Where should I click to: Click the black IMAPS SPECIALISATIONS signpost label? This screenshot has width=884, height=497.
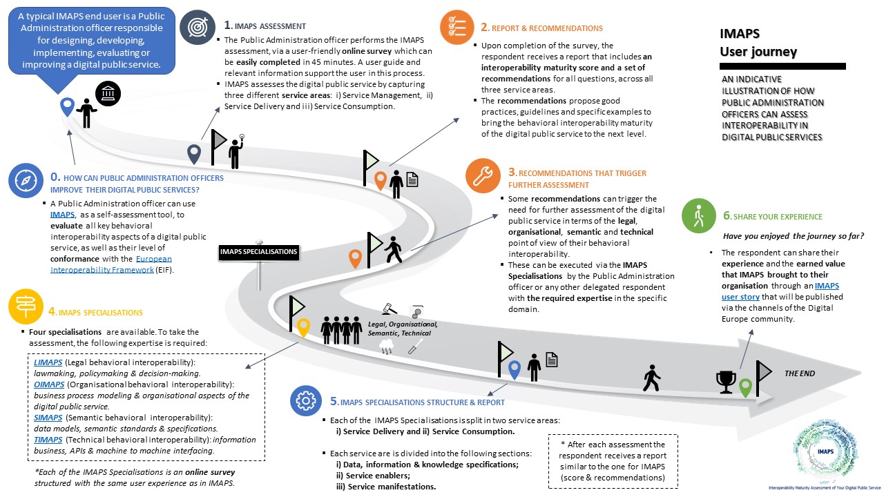259,252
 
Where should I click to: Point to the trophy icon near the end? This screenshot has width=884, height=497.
726,382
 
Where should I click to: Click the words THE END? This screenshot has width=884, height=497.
800,373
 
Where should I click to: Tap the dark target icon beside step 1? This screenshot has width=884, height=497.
198,27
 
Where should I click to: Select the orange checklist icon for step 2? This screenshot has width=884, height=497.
457,27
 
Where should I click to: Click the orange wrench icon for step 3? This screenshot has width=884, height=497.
483,175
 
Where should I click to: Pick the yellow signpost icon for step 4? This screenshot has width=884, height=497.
26,306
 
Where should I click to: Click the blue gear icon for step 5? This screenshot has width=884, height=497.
306,401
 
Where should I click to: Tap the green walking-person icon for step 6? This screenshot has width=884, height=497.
698,215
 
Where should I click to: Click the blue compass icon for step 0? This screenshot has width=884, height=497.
26,180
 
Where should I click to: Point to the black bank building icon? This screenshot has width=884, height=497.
108,93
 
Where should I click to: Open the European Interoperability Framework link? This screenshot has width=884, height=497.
111,264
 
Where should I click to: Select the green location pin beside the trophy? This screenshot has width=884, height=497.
745,388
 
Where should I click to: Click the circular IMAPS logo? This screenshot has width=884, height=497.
825,452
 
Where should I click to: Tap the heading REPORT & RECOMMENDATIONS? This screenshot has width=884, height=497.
547,28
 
